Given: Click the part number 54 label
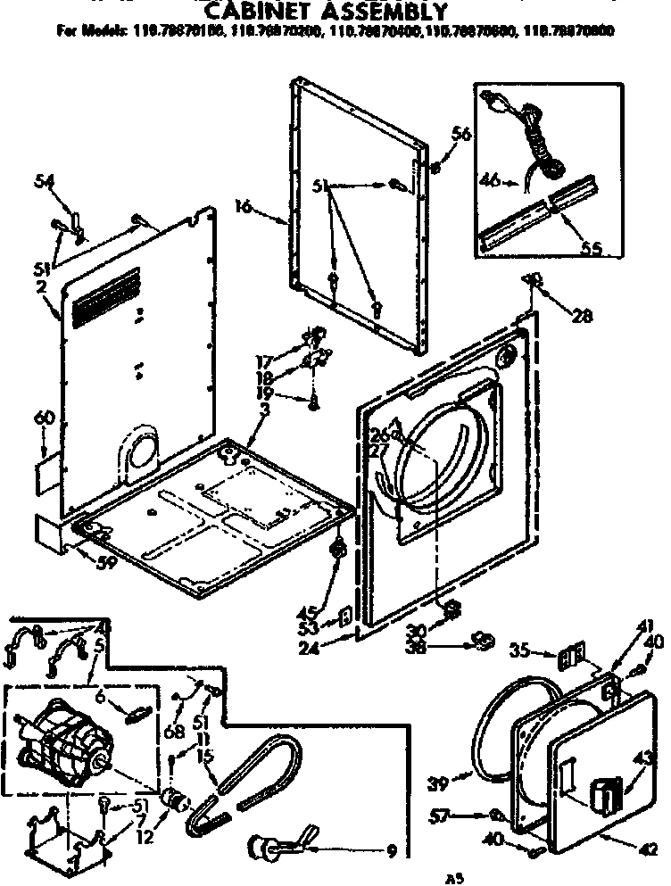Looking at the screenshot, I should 44,182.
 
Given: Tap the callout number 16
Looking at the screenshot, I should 243,207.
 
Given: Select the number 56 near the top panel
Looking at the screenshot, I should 460,135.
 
